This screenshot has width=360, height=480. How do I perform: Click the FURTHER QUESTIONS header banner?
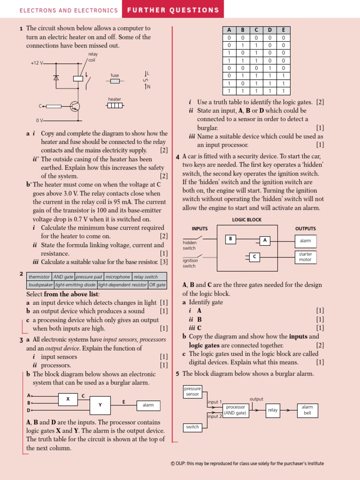tap(173, 10)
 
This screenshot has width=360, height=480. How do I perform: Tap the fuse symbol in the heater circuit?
tap(115, 81)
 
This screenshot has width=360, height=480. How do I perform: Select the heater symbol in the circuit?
tap(115, 105)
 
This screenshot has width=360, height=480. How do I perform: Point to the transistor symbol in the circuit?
tap(75, 106)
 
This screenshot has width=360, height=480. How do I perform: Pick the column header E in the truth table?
tap(283, 30)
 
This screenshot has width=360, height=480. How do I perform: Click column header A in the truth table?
tap(229, 30)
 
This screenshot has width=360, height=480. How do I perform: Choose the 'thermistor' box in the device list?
tap(39, 277)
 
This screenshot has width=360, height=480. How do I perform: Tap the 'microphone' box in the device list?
tap(118, 277)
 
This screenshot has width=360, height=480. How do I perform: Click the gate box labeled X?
tap(68, 399)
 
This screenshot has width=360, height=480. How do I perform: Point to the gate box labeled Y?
tap(100, 405)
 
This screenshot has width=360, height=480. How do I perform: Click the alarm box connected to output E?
tap(148, 405)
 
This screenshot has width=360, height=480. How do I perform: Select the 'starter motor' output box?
tap(305, 257)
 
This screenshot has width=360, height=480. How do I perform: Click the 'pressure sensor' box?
tap(192, 391)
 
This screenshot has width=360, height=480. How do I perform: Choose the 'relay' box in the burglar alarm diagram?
tap(273, 410)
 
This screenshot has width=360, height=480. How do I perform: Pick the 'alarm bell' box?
tap(307, 410)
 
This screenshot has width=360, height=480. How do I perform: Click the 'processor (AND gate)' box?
tap(236, 410)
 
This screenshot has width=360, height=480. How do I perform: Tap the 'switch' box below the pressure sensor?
tap(192, 427)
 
